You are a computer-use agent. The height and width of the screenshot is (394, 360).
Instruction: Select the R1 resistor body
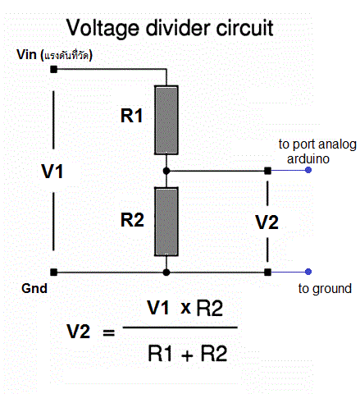(166, 120)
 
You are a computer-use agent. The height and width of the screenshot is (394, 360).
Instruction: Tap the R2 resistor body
(166, 222)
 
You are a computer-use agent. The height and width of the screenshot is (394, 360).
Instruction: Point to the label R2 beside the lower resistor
(132, 219)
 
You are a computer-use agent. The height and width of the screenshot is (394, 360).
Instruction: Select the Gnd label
(35, 290)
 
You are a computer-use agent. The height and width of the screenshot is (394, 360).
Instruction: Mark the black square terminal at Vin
(54, 70)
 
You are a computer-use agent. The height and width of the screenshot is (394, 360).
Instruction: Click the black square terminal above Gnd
(54, 272)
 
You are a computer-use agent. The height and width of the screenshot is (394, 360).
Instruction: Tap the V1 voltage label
(53, 172)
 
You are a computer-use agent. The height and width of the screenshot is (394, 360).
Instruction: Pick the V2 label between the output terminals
(267, 222)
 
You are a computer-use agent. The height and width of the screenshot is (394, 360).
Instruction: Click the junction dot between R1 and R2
(166, 171)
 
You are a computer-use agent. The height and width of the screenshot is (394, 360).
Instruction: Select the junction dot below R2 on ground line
(166, 272)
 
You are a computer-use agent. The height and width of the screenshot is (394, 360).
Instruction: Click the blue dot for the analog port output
(308, 171)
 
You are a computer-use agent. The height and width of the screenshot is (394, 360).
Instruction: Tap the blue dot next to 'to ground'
(308, 272)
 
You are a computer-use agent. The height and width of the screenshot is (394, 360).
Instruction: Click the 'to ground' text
(325, 289)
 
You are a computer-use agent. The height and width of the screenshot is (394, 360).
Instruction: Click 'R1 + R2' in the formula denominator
(186, 354)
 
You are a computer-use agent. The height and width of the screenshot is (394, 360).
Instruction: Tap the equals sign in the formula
(107, 332)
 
